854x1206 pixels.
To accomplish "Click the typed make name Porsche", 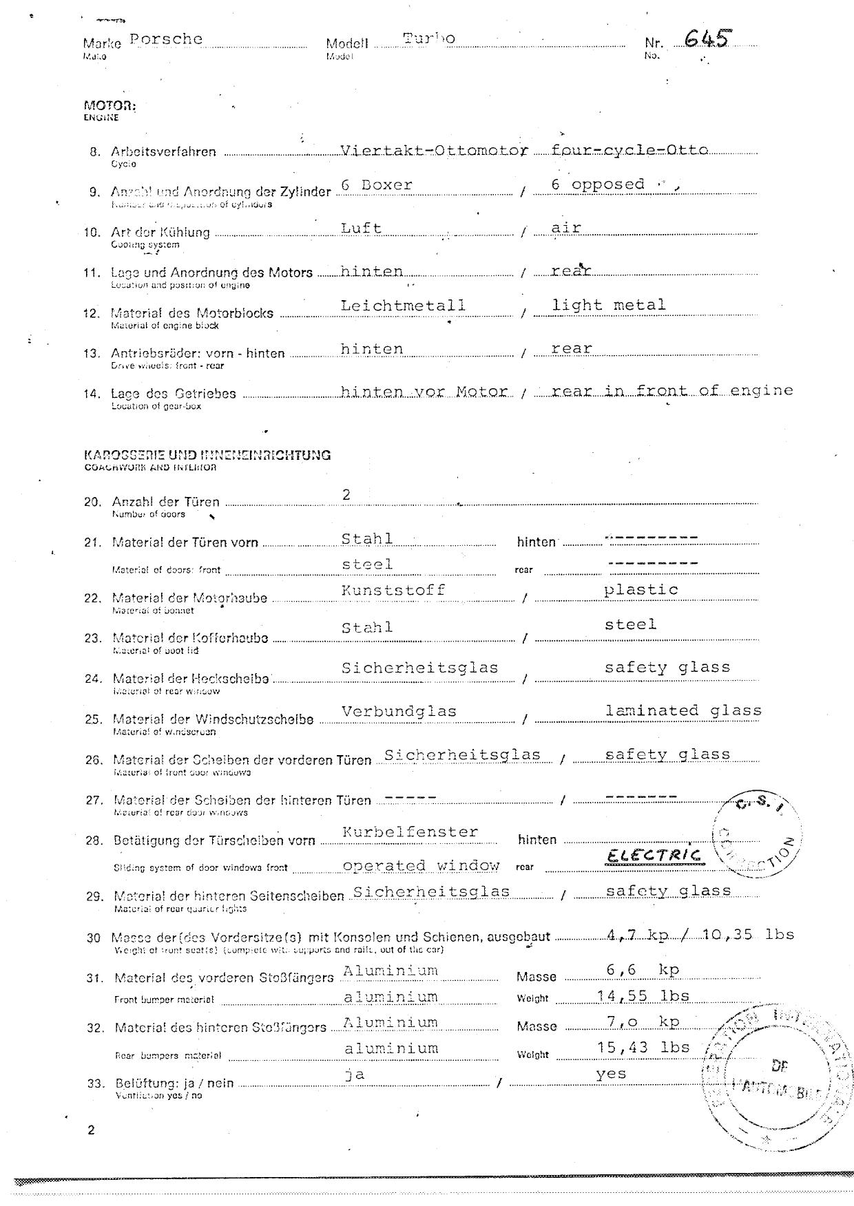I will [x=166, y=39].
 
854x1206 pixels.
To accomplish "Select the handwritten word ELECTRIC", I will [x=654, y=855].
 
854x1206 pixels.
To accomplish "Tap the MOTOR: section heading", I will [x=110, y=106].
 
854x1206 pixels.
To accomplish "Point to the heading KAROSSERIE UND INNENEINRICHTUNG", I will [x=207, y=455].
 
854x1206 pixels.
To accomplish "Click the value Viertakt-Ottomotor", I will [x=435, y=150].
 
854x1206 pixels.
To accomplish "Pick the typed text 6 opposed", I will [x=598, y=184].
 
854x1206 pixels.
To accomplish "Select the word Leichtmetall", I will [x=403, y=305].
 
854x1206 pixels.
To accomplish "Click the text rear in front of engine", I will [x=672, y=391].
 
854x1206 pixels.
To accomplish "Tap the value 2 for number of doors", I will [x=346, y=494].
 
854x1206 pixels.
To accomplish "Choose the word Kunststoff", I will [x=393, y=590].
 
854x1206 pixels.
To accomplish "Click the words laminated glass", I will [x=683, y=710].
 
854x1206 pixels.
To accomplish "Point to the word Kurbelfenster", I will [x=410, y=832].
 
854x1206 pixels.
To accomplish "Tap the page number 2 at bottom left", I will [x=91, y=1130].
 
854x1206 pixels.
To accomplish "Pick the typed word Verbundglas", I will [x=399, y=711].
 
